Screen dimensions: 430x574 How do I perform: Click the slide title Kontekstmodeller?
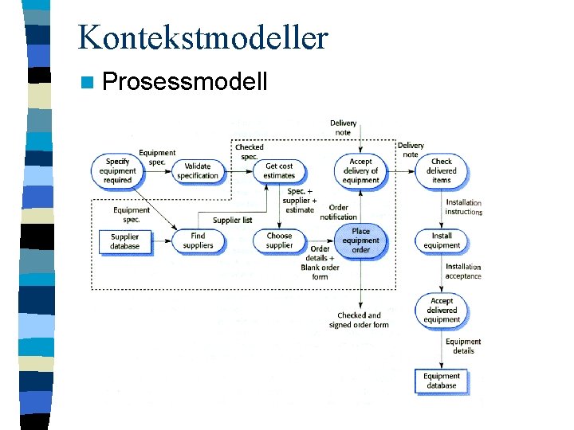pos(202,37)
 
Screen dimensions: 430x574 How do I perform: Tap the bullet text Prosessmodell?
pos(185,82)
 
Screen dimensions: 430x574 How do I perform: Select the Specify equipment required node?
pos(117,170)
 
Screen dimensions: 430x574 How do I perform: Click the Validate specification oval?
pos(197,170)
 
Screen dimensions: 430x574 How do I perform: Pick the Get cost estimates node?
pos(279,170)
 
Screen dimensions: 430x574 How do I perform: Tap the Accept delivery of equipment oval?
pos(360,170)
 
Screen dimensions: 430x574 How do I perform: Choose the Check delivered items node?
pos(441,170)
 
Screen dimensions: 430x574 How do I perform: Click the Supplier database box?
pos(124,240)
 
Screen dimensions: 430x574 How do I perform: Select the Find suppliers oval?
pos(198,240)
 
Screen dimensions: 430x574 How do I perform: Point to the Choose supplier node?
pos(279,240)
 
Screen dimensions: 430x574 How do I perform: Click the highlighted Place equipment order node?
pos(360,240)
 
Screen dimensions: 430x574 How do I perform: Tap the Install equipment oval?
pos(441,240)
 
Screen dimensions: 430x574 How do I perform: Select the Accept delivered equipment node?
pos(441,311)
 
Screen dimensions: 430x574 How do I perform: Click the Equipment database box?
pos(441,381)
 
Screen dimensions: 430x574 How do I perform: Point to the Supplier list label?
pos(232,220)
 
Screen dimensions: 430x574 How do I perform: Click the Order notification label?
pos(339,212)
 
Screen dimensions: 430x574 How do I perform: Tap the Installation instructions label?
pos(463,207)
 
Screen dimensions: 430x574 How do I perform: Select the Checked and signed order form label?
pos(359,320)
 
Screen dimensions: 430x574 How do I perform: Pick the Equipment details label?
pos(463,346)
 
